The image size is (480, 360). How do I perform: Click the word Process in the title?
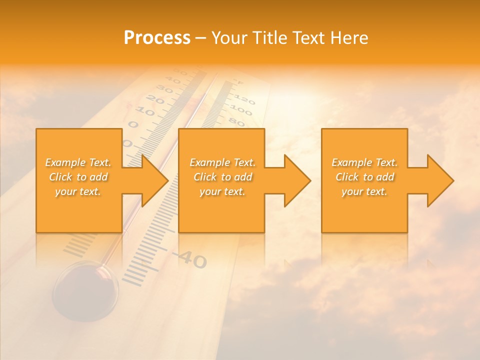coord(157,38)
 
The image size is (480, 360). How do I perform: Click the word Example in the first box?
coord(65,162)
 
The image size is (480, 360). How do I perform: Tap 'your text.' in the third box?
coord(364,191)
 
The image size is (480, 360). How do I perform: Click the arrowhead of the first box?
coord(154,180)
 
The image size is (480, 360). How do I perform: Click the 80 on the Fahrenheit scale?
coord(237,121)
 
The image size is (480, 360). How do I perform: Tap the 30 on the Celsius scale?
coord(165,90)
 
